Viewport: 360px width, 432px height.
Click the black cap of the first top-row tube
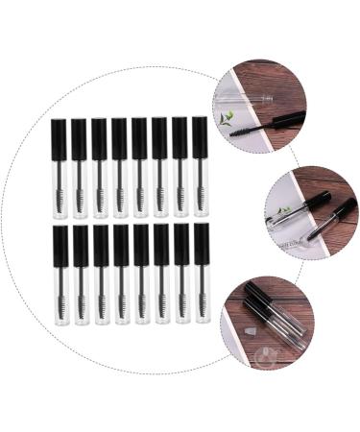59,138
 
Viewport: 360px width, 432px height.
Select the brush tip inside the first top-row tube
60,199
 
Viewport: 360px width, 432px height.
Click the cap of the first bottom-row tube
60,246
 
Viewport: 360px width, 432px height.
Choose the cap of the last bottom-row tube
202,244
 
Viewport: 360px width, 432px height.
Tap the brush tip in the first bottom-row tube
60,305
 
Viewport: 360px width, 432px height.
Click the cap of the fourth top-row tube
119,138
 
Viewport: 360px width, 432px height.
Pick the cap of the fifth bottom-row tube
141,245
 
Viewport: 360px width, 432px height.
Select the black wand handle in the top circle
286,121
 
